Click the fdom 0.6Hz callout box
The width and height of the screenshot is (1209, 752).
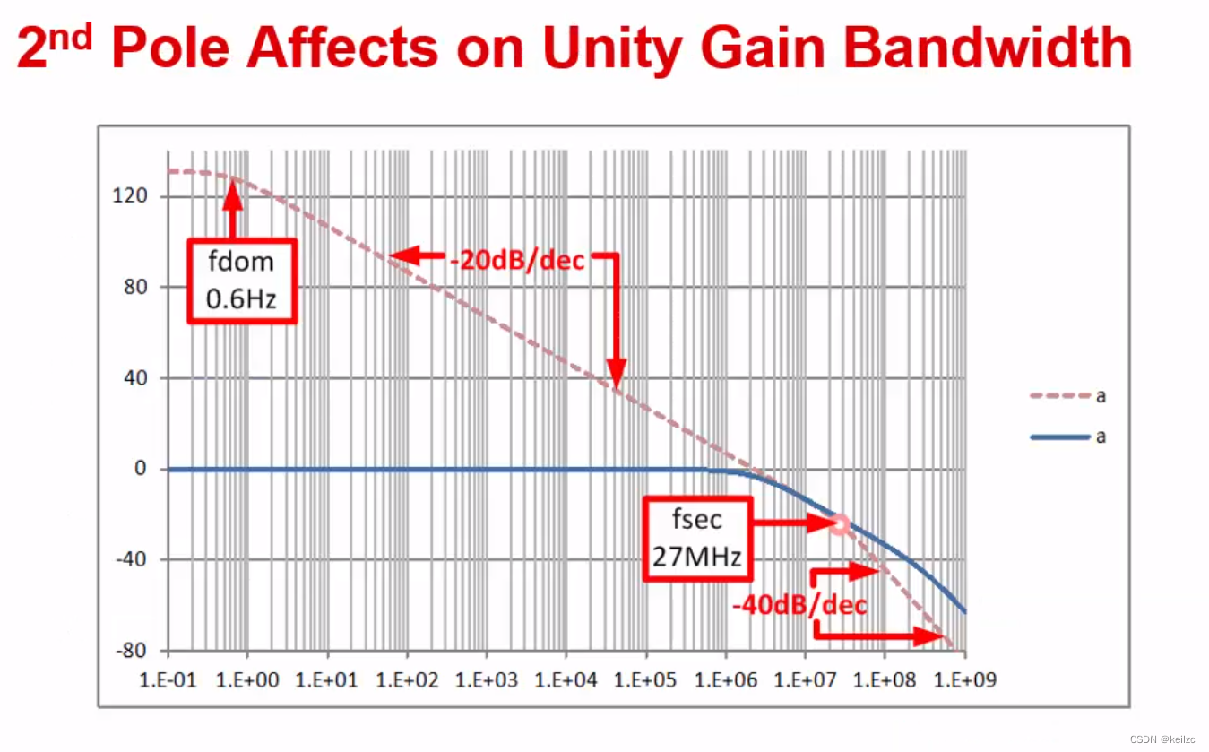(x=240, y=281)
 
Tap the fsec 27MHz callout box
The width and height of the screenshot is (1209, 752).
(x=696, y=537)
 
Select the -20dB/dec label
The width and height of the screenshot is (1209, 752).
(x=517, y=260)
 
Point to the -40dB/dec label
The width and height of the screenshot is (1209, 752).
(x=799, y=605)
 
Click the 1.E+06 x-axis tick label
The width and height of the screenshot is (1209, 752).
(x=725, y=680)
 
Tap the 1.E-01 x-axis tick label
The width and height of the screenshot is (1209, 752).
(x=169, y=680)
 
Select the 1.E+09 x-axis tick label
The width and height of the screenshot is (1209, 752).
(x=964, y=680)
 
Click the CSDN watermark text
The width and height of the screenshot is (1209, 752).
(x=1162, y=739)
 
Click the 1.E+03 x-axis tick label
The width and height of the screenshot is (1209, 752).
(x=487, y=680)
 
